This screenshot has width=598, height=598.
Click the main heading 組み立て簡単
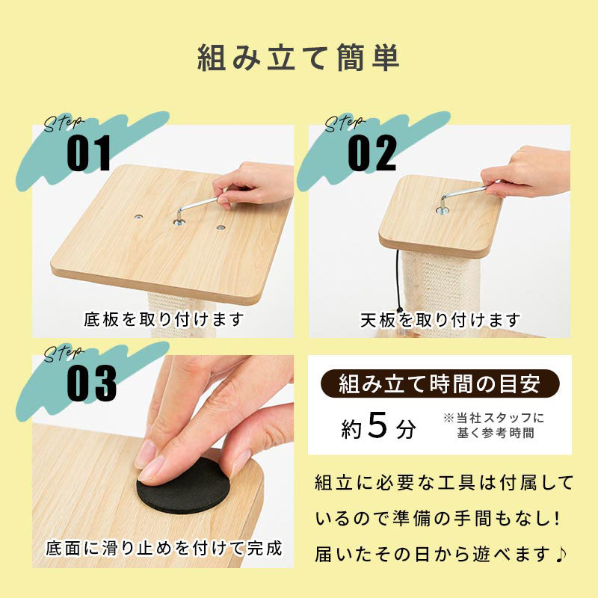tap(298, 58)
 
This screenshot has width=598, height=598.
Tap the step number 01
tap(89, 153)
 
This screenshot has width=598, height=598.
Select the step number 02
tap(372, 153)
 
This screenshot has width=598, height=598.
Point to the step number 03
tap(91, 383)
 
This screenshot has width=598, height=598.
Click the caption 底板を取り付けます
tap(164, 320)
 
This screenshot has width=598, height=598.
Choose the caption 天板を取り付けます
tap(440, 320)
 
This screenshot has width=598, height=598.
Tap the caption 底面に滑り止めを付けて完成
tap(164, 549)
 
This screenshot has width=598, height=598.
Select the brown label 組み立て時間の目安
tap(440, 383)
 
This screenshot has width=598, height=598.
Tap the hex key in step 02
tap(464, 197)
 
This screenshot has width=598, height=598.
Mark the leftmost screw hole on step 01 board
tap(138, 218)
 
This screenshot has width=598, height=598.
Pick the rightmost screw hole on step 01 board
tap(220, 228)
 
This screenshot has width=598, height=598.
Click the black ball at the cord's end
tap(400, 310)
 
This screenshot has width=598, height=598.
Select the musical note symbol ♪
tap(561, 554)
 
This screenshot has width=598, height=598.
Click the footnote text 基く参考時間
tap(496, 433)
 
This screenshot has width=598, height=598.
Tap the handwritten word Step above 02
tap(344, 123)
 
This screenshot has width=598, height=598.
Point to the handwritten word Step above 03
tap(62, 354)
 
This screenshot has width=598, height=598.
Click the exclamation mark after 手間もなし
tap(557, 519)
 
